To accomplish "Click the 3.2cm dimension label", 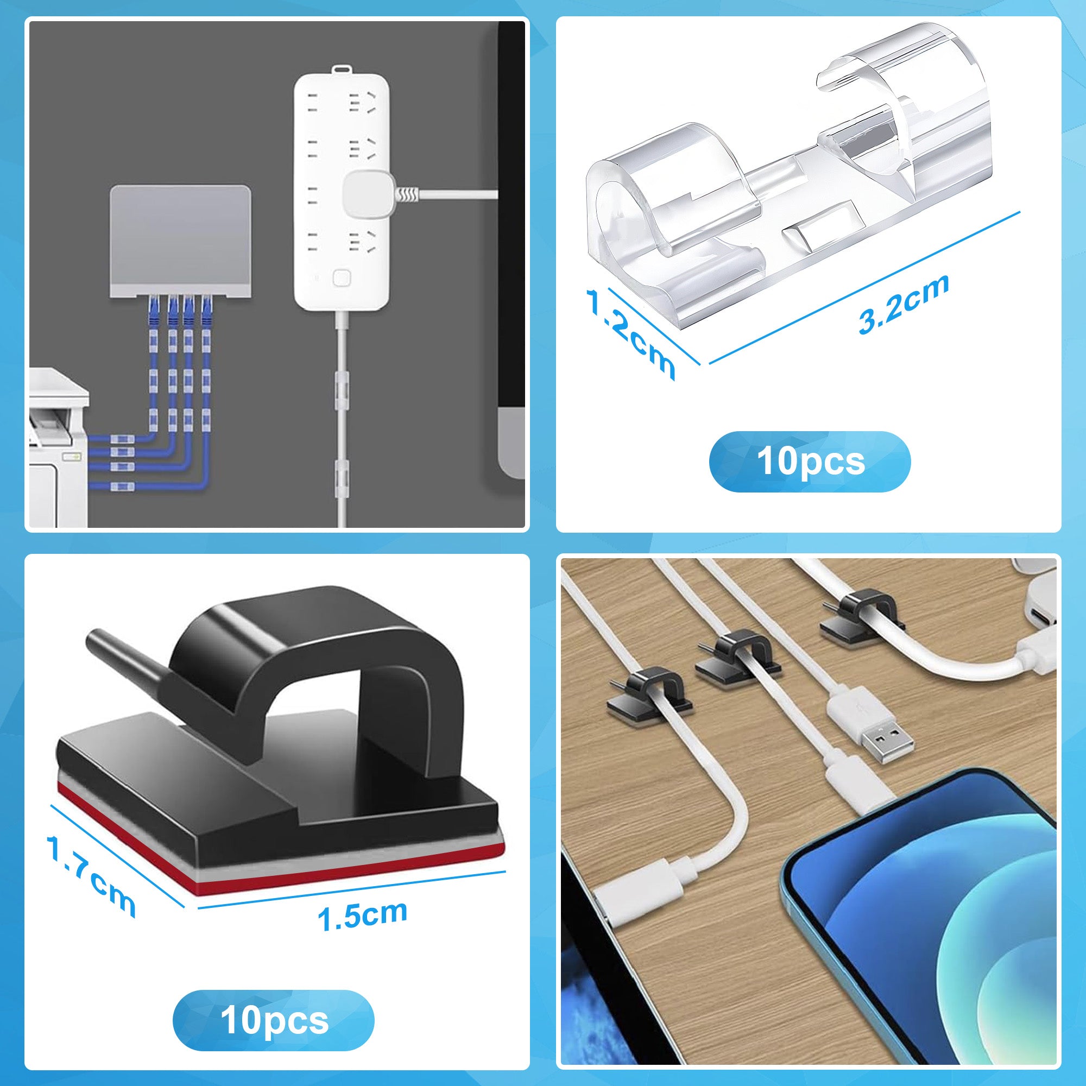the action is (x=904, y=305).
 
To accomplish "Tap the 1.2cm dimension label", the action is (x=629, y=333).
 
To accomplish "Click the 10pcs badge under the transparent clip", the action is (x=810, y=461).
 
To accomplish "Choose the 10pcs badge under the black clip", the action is (x=274, y=1005).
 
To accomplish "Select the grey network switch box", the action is (x=180, y=241).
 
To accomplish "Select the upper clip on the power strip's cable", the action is (x=342, y=382).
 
